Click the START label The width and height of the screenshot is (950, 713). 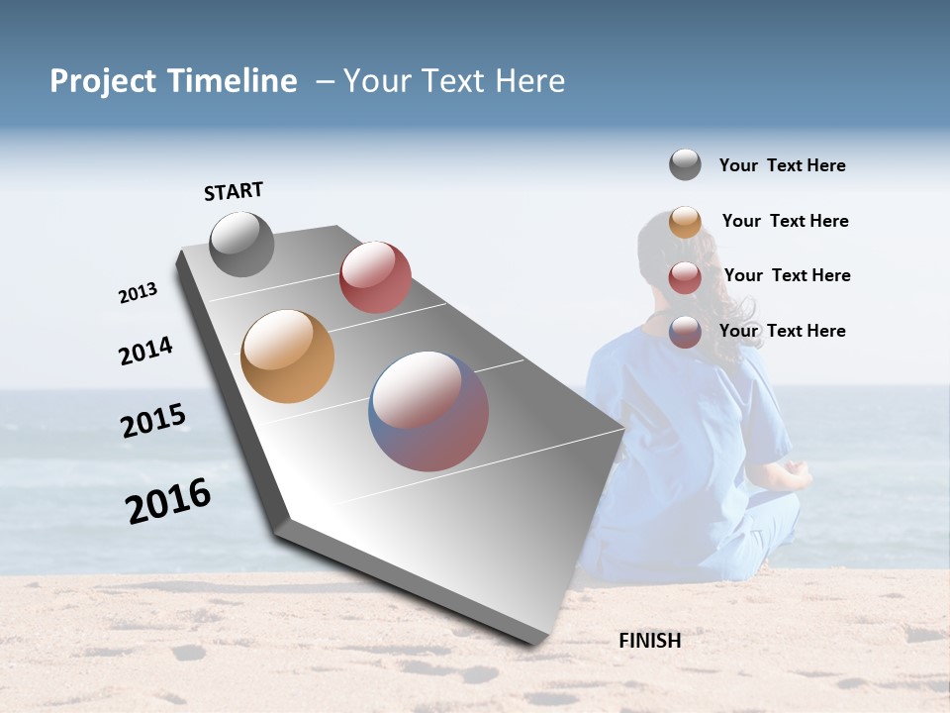tap(234, 191)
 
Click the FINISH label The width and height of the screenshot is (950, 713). tap(649, 641)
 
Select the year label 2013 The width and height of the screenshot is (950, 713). tap(138, 293)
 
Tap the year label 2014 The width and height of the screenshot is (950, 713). tap(145, 351)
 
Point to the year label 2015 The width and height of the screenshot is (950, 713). tap(153, 421)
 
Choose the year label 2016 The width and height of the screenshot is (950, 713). tap(168, 501)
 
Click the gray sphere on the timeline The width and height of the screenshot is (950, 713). tap(241, 244)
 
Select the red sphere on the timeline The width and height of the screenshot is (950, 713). tap(375, 277)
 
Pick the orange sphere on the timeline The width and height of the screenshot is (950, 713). tap(287, 356)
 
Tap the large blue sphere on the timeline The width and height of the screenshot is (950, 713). tap(428, 411)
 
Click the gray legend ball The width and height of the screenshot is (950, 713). tap(685, 164)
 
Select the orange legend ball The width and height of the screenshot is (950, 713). tap(685, 221)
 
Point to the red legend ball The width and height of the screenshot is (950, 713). tap(685, 276)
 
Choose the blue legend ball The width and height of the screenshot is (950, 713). tap(685, 331)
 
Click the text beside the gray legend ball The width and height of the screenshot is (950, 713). tap(782, 165)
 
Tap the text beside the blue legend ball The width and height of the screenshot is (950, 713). tap(782, 331)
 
